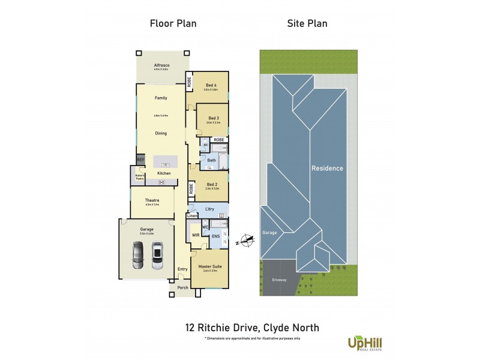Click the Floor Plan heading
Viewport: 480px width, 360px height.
coord(173,23)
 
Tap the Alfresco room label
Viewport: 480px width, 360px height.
coord(160,65)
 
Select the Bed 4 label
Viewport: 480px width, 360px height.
coord(211,85)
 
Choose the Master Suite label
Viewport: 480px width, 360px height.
coord(210,266)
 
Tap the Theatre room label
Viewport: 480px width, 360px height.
coord(152,200)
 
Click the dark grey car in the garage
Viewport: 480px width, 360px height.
coord(137,254)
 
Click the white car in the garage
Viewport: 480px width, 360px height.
coord(157,254)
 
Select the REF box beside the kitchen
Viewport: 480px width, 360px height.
coord(141,160)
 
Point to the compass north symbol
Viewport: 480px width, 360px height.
coord(246,241)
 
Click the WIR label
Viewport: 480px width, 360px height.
coord(196,236)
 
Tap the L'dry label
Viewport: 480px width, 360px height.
coord(209,209)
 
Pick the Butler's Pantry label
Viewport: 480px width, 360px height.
coord(139,176)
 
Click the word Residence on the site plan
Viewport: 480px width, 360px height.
coord(327,169)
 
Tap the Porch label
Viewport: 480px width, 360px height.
coord(183,287)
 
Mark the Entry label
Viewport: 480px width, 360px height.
coord(182,269)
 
